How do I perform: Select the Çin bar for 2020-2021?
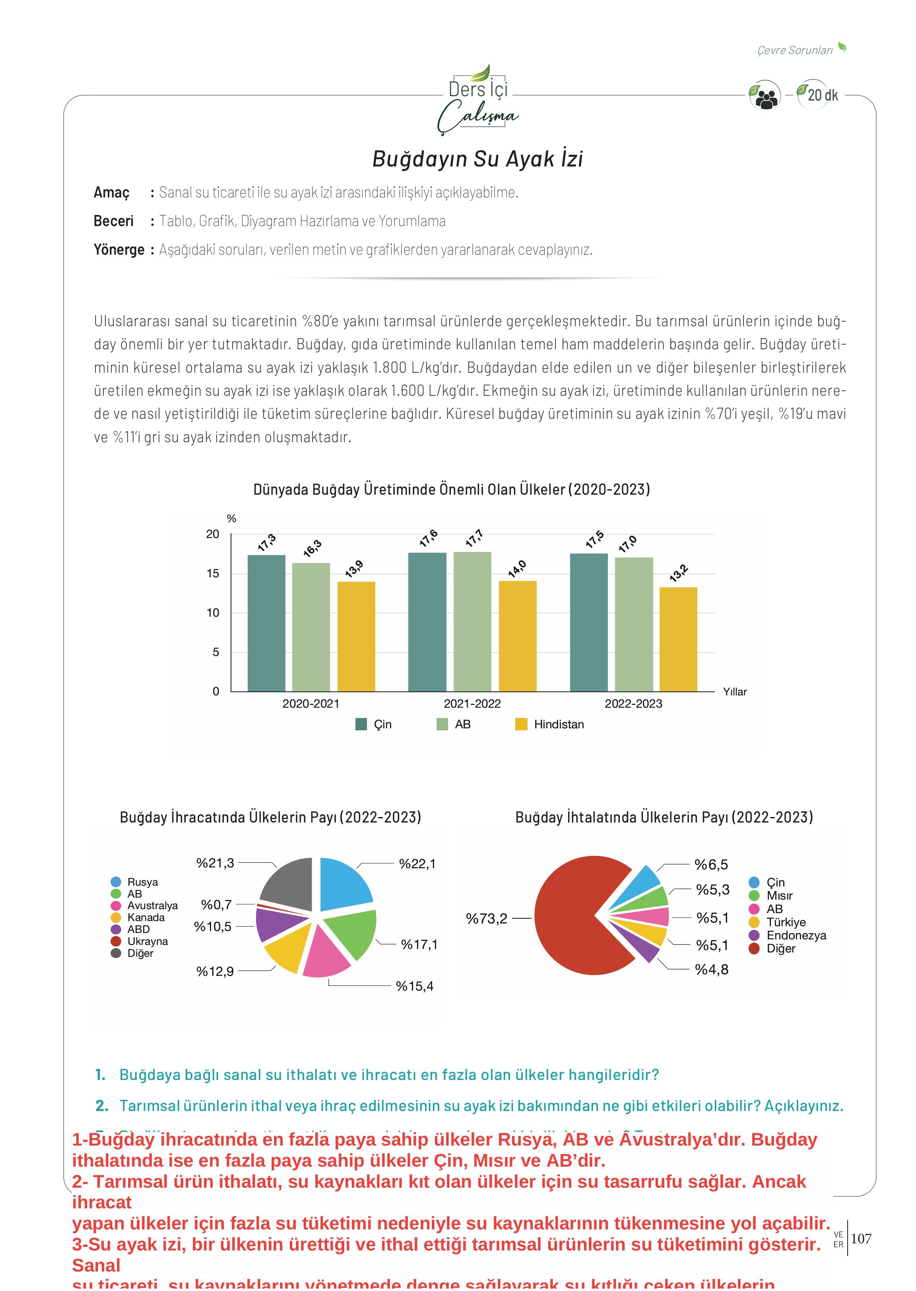click(266, 623)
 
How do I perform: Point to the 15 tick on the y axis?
click(213, 573)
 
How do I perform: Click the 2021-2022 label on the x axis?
click(472, 704)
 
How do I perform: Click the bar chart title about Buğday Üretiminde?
click(451, 489)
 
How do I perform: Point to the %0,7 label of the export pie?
click(216, 904)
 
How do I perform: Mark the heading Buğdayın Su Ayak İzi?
click(477, 159)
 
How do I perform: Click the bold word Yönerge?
click(119, 250)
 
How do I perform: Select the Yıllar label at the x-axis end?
click(734, 692)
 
